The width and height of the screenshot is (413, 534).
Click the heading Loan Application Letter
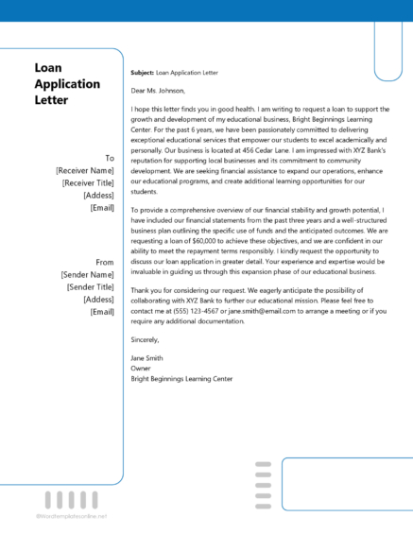pos(66,83)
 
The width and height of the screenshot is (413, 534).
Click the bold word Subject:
pos(142,72)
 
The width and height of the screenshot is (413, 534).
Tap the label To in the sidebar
pos(109,158)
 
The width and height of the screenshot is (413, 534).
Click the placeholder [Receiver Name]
pos(85,170)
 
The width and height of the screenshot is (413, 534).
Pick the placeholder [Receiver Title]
pos(88,182)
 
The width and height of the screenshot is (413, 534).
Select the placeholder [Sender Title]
pos(91,285)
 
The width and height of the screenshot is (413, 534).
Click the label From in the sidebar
pos(104,261)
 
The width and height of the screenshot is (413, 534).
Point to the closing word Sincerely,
pos(146,338)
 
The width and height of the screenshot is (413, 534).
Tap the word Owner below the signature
pos(142,370)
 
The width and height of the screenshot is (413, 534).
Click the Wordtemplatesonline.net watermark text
pos(72,517)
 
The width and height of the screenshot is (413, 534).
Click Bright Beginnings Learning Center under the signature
pos(181,379)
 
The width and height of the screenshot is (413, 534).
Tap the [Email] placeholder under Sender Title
pos(102,310)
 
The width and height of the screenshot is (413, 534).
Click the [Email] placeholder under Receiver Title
pos(102,207)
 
